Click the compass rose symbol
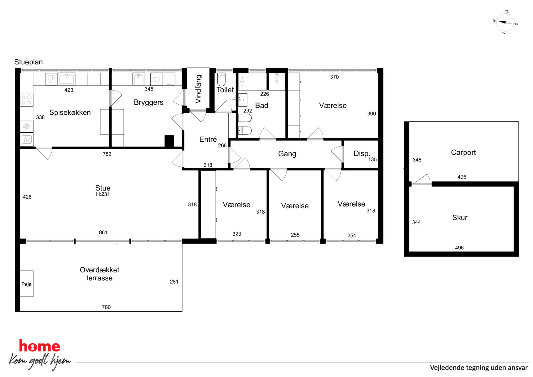point(505,23)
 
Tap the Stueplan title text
point(28,62)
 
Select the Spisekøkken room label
point(70,112)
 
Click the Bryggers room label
point(149,102)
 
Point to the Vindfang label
point(198,89)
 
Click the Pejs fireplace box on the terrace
point(27,284)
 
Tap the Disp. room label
point(362,153)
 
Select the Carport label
point(463,153)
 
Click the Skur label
point(460,218)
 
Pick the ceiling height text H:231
point(103,194)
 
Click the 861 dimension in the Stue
point(103,232)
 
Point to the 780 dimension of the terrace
point(106,307)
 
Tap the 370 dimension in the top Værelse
point(334,77)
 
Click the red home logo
point(39,346)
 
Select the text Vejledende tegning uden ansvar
point(479,368)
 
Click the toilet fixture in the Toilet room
point(221,79)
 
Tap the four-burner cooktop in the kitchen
point(27,100)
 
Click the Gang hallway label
point(287,154)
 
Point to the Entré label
point(208,139)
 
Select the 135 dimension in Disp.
point(372,160)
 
